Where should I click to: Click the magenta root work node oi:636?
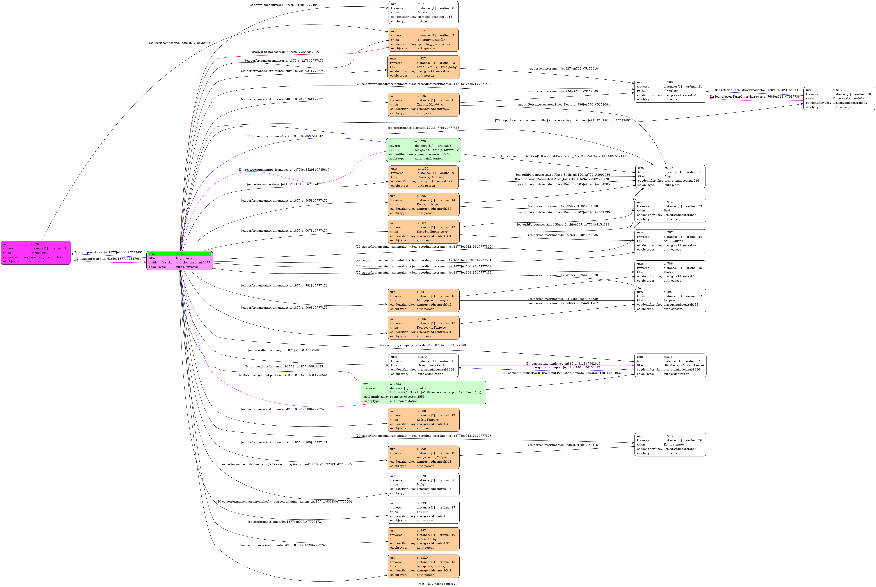pyautogui.click(x=36, y=253)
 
